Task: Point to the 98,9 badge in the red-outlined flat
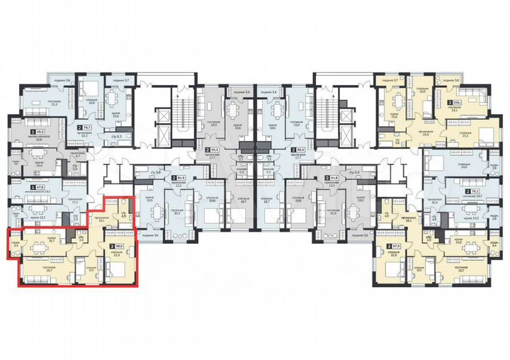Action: point(116,244)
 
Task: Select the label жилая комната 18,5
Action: point(37,191)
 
